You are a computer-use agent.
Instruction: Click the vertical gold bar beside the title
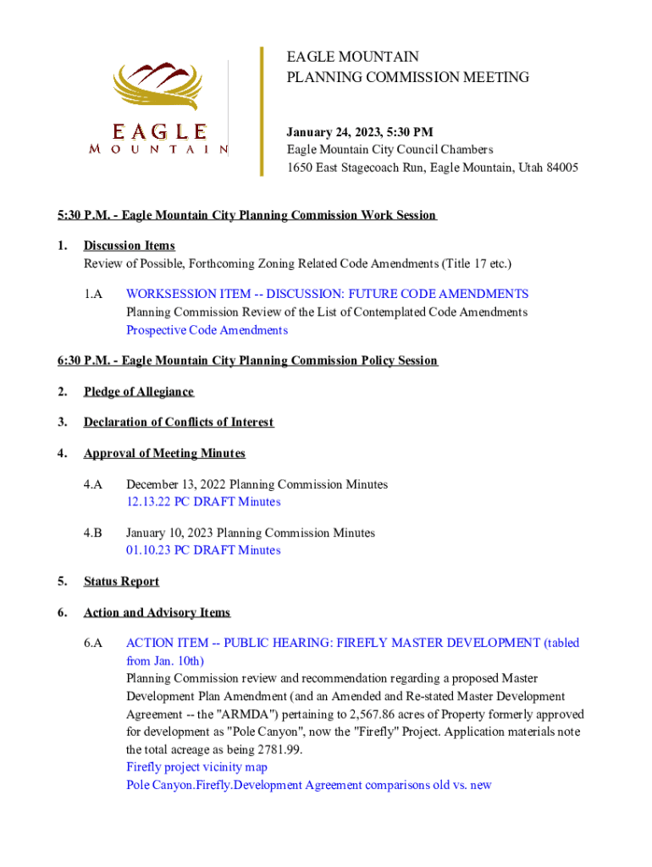coord(262,110)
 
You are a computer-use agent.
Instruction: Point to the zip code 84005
coord(561,168)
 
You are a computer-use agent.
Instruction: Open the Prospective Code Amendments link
coord(207,330)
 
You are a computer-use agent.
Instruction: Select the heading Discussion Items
coord(130,246)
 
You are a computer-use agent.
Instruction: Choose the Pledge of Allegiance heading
coord(139,391)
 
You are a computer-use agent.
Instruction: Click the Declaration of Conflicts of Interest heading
coord(179,422)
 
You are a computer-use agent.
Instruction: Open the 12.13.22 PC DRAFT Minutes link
coord(203,502)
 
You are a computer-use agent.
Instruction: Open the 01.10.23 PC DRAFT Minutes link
coord(203,550)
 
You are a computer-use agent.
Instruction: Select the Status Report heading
coord(121,582)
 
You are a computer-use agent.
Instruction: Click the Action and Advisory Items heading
coord(157,612)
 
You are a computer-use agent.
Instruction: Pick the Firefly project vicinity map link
coord(196,767)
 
